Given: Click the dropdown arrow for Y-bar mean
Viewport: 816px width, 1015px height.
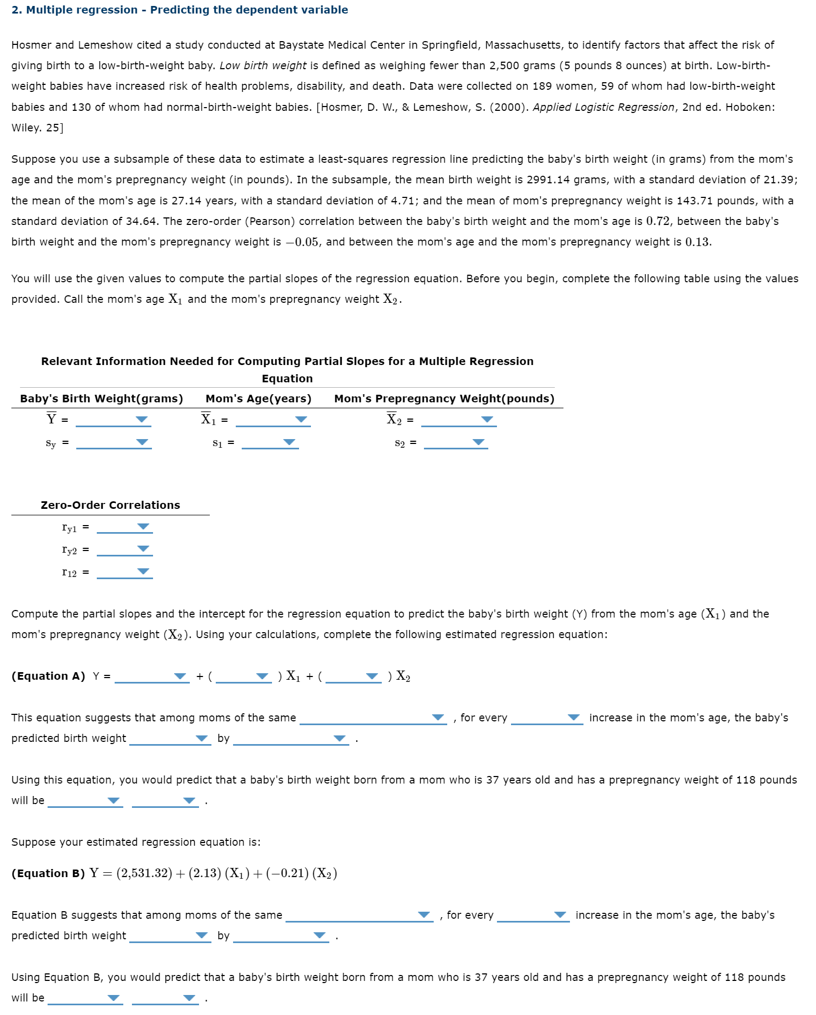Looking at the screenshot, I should tap(141, 420).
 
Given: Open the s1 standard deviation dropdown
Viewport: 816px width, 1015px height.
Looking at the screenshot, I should tap(290, 442).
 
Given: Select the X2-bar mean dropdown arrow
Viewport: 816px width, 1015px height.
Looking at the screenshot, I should tap(487, 420).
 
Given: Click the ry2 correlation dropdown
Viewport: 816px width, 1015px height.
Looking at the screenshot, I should tap(143, 549).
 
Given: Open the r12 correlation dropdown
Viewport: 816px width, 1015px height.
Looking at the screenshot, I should tap(143, 572).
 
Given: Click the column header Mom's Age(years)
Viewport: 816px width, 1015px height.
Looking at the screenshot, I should tap(258, 399).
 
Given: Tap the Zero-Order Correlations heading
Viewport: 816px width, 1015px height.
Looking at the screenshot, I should tap(110, 505).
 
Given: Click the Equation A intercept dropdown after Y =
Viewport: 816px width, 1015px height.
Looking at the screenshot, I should tap(180, 676).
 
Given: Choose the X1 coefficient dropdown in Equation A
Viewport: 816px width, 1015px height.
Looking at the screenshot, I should tap(262, 676).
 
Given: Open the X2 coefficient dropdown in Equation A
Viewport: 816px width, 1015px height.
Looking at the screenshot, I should tap(371, 676).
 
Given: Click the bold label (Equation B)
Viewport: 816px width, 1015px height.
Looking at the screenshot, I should tap(48, 874).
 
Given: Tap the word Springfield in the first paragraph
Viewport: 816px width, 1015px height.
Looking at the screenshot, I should tap(449, 45).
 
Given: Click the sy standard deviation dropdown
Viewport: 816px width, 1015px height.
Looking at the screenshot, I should tap(142, 442).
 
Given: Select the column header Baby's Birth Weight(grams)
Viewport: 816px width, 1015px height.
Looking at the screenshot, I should tap(102, 399).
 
